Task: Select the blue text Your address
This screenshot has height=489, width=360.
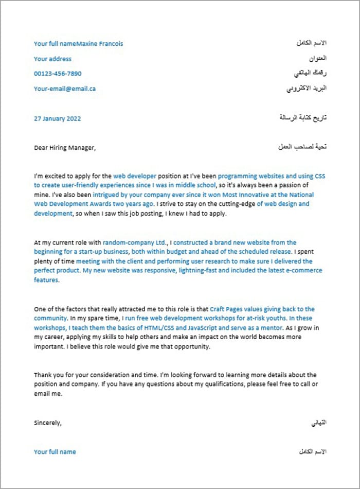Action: [52, 59]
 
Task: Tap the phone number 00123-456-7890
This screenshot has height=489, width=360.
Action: [58, 74]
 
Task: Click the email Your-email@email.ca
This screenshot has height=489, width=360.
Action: [65, 89]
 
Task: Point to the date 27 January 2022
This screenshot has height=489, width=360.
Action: [57, 118]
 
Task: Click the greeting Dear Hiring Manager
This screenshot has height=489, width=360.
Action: [64, 148]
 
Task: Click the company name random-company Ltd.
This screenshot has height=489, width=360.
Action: [135, 242]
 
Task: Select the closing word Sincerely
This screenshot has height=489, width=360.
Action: [48, 423]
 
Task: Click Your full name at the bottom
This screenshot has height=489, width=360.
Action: [55, 452]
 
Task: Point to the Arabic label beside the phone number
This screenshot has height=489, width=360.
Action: [308, 74]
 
